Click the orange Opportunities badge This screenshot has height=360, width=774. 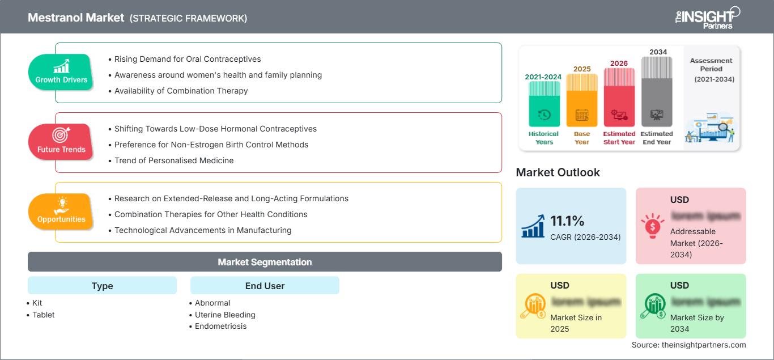click(x=61, y=212)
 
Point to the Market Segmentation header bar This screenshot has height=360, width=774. click(x=265, y=262)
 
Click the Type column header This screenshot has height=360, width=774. click(x=102, y=286)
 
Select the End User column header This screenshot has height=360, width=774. click(x=265, y=286)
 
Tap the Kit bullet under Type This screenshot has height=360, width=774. click(x=37, y=303)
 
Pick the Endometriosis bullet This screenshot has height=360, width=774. click(x=220, y=326)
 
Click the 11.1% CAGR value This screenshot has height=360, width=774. click(x=567, y=221)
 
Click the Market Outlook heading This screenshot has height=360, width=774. click(x=558, y=172)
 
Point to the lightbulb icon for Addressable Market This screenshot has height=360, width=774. click(x=652, y=226)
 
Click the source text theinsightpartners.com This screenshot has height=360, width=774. click(x=688, y=345)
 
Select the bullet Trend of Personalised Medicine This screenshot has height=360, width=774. click(x=174, y=160)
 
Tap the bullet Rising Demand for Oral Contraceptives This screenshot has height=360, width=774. click(x=188, y=59)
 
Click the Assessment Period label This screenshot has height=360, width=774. click(x=711, y=65)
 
